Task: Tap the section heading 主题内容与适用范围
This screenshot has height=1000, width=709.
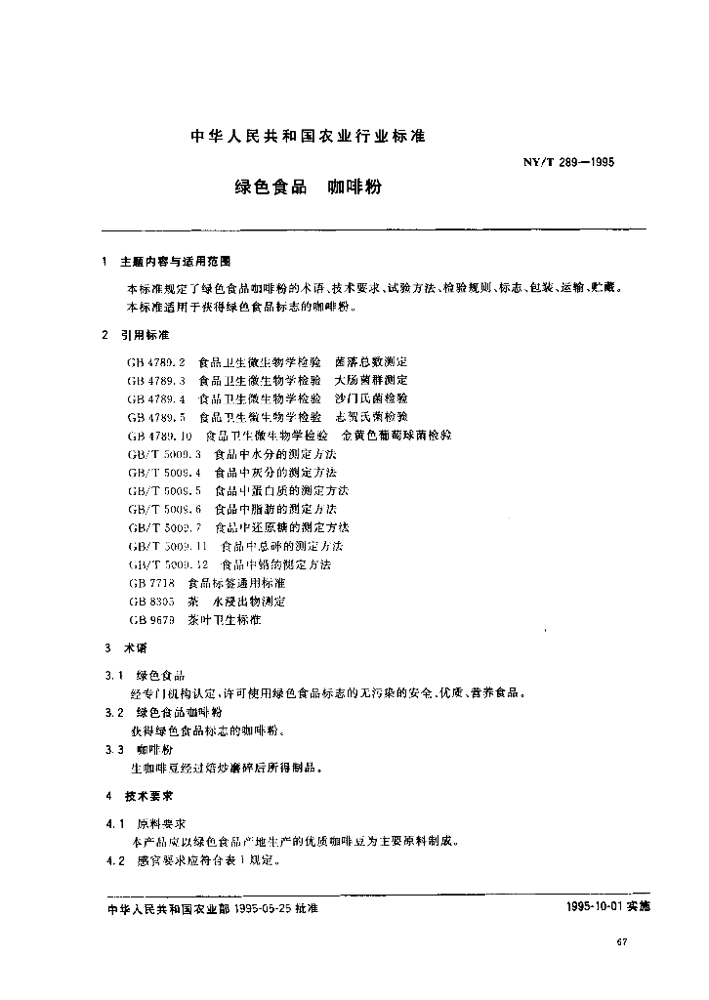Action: click(x=176, y=262)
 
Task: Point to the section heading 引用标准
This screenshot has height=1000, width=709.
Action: click(x=145, y=335)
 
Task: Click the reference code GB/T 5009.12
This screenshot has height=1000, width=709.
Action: click(x=167, y=564)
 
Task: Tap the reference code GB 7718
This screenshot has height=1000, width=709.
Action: click(x=149, y=583)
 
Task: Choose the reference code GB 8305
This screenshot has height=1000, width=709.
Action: click(x=149, y=602)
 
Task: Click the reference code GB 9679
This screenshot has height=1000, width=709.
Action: click(x=149, y=620)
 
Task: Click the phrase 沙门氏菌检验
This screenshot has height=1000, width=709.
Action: click(x=371, y=398)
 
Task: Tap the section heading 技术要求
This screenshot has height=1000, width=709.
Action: click(x=145, y=796)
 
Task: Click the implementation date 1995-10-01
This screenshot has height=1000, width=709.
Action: click(x=594, y=907)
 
